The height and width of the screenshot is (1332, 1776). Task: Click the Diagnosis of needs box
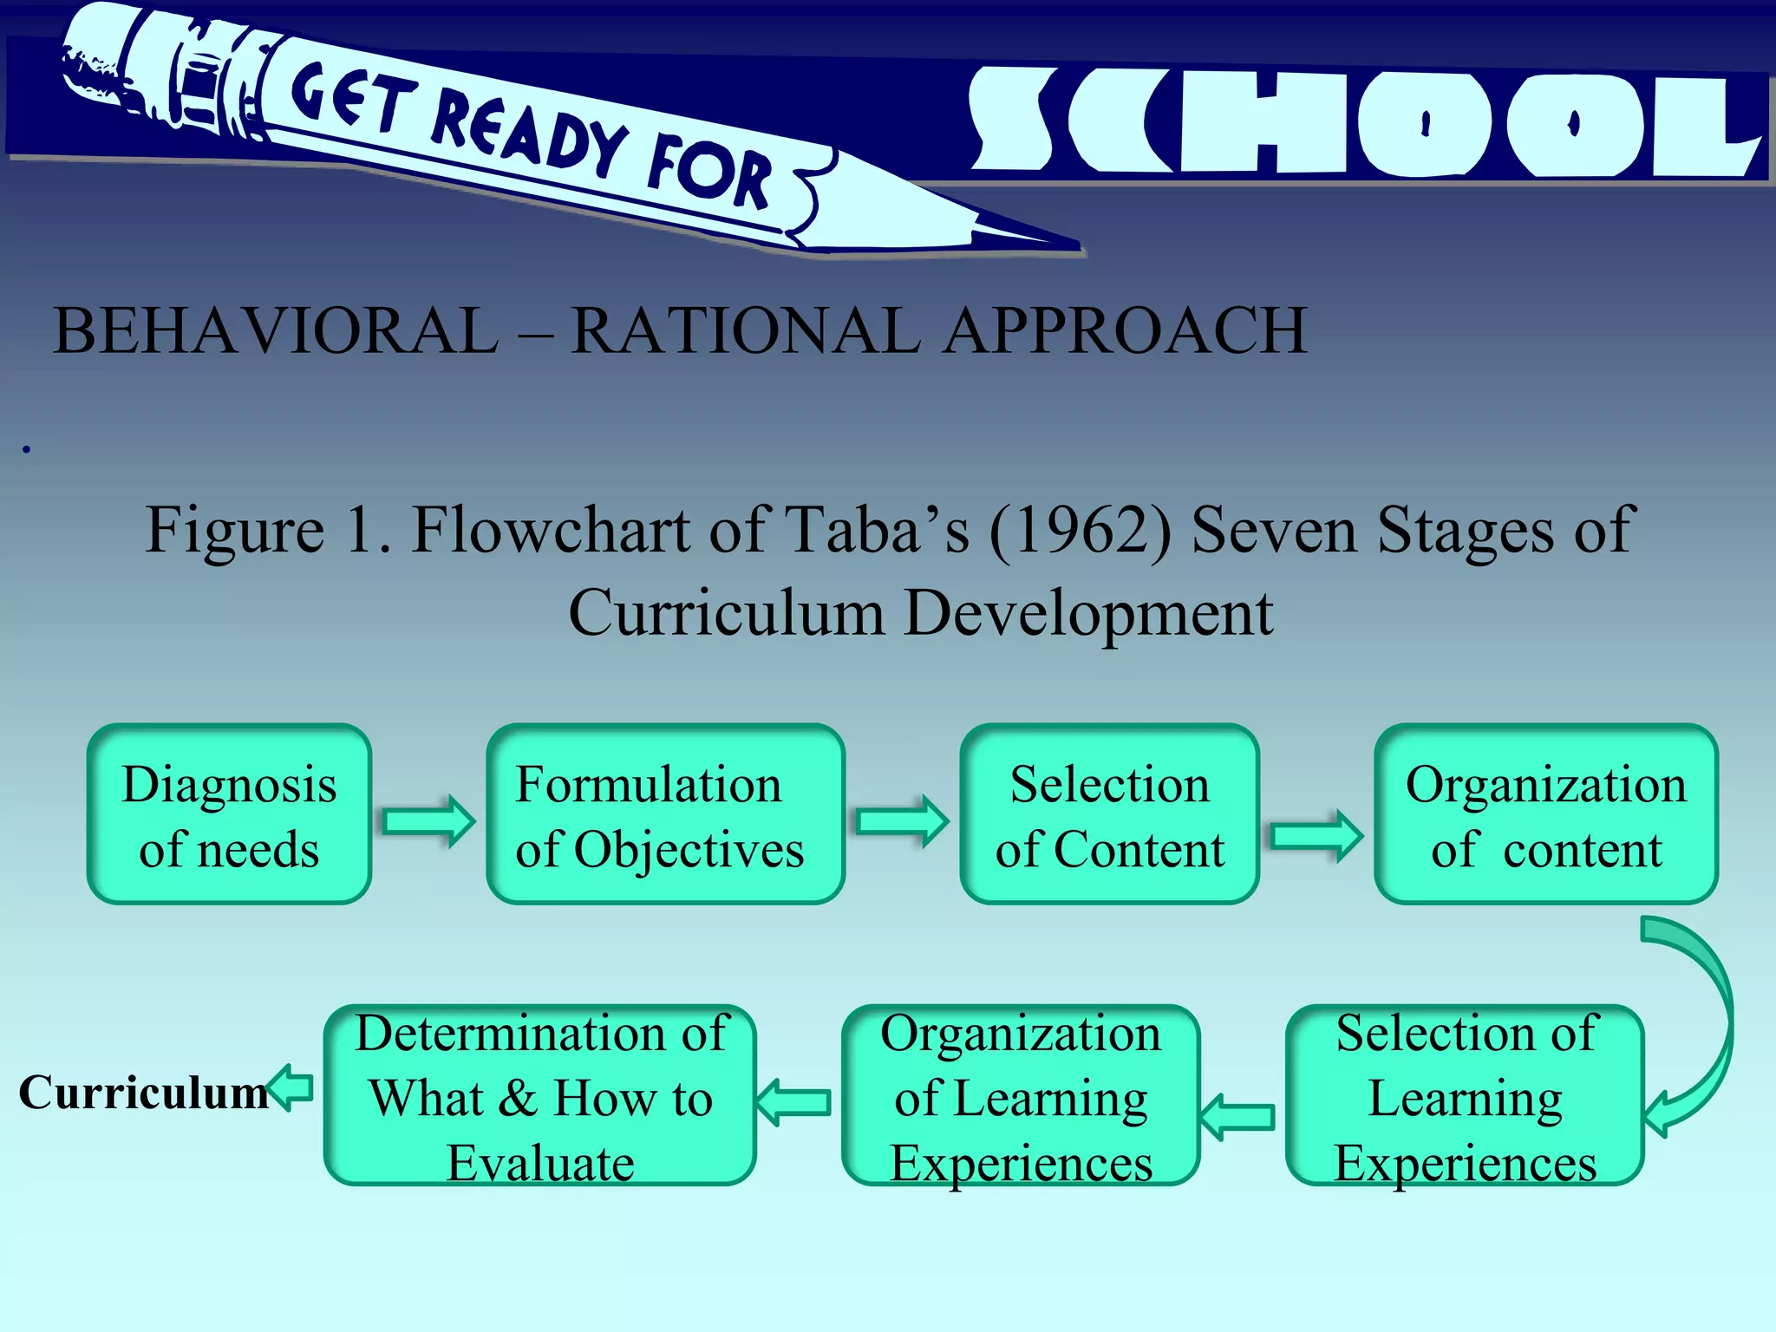tap(229, 814)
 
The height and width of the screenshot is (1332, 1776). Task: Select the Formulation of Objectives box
tap(664, 814)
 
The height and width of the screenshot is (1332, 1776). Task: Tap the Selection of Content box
tap(1109, 814)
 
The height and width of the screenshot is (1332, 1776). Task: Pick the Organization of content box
tap(1545, 814)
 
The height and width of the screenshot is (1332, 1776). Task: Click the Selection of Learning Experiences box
tap(1465, 1096)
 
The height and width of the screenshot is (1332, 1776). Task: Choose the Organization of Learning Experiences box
tap(1021, 1096)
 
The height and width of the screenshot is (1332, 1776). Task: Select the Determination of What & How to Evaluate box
tap(539, 1096)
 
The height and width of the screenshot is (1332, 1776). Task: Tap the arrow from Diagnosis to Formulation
tap(428, 820)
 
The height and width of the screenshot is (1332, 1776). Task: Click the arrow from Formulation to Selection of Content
tap(902, 820)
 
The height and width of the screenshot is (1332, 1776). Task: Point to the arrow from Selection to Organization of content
tap(1316, 836)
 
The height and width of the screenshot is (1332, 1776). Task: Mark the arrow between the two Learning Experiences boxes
tap(1238, 1117)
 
